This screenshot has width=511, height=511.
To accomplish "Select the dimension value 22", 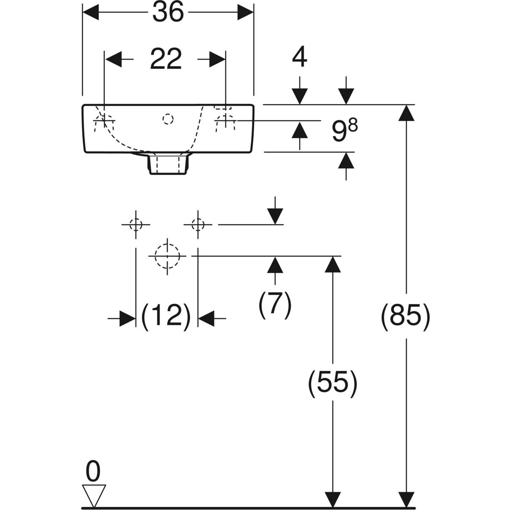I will coord(166,59).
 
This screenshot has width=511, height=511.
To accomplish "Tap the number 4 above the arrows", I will coord(300,57).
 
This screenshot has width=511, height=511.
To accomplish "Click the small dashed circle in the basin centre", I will coord(168,119).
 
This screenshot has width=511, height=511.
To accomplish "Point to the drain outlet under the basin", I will coord(168,164).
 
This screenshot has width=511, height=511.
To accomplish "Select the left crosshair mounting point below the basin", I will coord(136,224).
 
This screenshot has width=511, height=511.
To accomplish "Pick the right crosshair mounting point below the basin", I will coord(198,224).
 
